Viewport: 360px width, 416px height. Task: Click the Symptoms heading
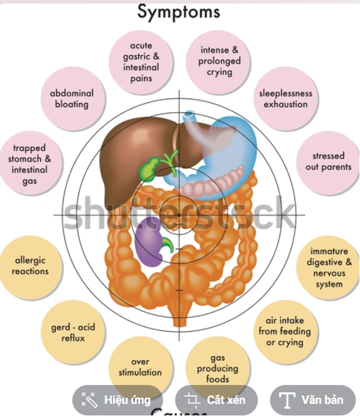coord(178,12)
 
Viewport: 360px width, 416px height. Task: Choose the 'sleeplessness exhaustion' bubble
coord(285,98)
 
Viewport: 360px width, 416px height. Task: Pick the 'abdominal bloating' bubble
coord(72,98)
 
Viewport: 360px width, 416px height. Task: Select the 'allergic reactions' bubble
coord(30,266)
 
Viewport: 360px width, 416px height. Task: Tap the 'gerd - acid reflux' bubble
coord(73,332)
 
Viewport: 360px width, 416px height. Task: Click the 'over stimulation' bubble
coord(140,367)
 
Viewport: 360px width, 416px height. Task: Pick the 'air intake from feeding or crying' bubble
coord(285,332)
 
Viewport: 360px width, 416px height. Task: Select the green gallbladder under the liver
coord(148,168)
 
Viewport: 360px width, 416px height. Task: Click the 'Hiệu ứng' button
coord(117,400)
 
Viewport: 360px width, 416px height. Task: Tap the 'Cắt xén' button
coord(216,400)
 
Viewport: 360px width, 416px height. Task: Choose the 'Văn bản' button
coord(312,400)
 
